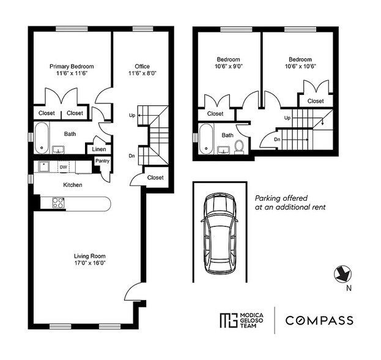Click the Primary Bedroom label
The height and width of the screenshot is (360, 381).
pos(72,66)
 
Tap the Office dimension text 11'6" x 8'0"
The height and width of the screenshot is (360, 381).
pos(142,73)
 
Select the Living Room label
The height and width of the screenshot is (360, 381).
pos(90,256)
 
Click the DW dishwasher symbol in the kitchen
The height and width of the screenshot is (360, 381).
pos(64,167)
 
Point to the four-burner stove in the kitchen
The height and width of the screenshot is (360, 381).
pos(58,203)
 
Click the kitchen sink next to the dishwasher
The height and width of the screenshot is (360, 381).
pos(44,167)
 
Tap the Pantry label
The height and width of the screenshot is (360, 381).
pos(102,161)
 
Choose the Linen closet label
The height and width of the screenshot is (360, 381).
pos(99,149)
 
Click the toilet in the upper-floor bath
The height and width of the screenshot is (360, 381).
pos(239,147)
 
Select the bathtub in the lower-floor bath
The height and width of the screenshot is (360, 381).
pos(42,138)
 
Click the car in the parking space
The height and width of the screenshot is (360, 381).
pos(220,233)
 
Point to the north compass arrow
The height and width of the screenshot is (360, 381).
pos(343,274)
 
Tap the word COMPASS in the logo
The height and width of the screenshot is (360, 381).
pos(319,320)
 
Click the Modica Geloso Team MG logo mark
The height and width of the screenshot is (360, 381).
pos(228,320)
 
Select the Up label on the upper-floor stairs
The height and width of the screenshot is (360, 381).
pos(287,118)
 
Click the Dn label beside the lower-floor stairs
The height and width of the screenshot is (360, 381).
pos(131,156)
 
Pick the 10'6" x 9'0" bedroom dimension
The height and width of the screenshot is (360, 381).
pos(229,66)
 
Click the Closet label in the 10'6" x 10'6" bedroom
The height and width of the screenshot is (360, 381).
pos(316,101)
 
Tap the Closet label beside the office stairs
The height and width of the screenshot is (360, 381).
pos(155,178)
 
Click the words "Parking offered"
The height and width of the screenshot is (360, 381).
pos(281,198)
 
